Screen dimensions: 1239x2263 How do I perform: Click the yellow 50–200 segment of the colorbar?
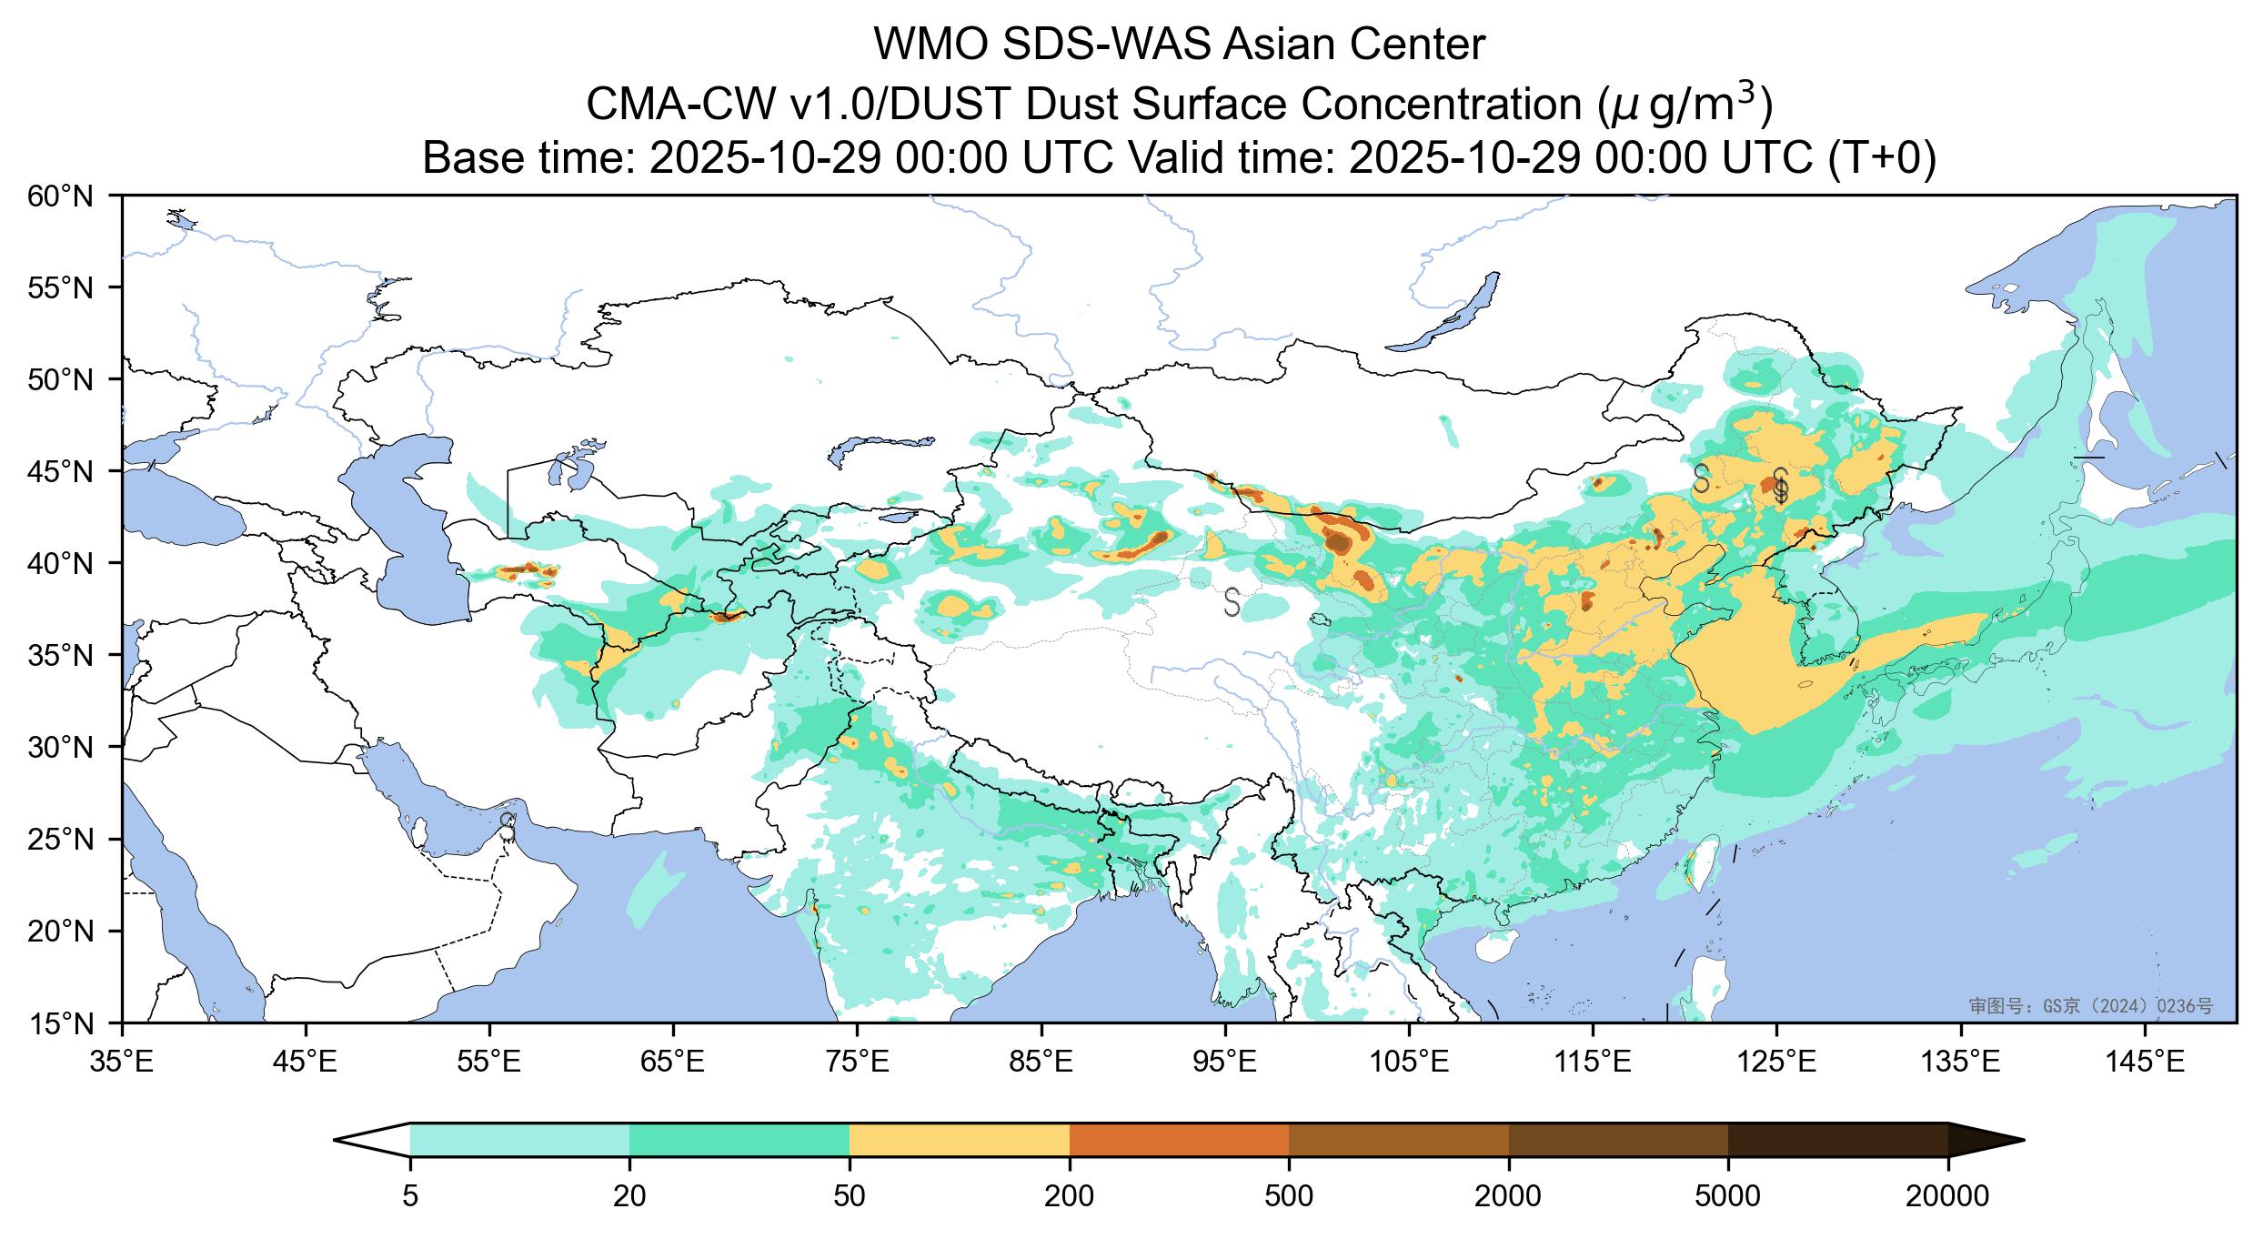pos(959,1140)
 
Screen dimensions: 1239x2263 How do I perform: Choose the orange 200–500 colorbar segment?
pos(1179,1140)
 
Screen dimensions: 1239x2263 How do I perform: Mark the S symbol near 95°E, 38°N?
pos(1232,601)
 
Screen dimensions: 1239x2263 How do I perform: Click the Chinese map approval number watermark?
pos(2090,1006)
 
